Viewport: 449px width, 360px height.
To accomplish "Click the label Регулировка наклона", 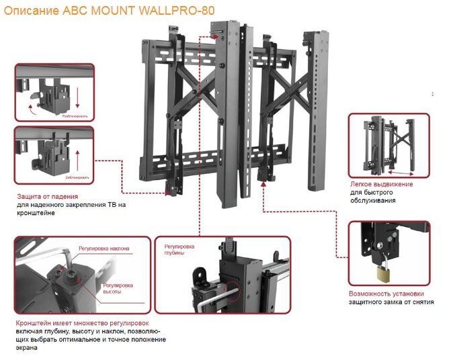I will pos(104,249).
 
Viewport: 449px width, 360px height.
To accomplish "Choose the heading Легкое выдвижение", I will pos(381,184).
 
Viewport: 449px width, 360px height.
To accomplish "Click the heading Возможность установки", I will pos(386,294).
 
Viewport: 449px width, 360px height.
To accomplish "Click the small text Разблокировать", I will pos(75,116).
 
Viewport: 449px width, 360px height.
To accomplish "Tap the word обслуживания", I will pos(372,200).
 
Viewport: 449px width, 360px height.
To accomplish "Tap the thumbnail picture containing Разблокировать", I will pos(54,93).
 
